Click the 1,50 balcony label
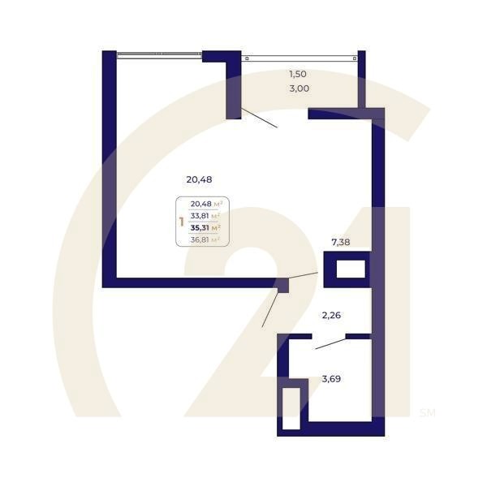click(298, 74)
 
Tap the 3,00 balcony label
click(299, 88)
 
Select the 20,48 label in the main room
click(199, 179)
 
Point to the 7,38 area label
click(341, 242)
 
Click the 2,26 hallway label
click(331, 315)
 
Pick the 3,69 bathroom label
click(331, 379)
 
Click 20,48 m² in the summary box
click(206, 204)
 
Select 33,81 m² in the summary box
click(205, 216)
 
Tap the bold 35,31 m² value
click(205, 227)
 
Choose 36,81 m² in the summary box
click(205, 239)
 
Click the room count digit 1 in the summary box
click(182, 222)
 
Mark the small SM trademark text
click(428, 413)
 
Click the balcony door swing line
click(259, 118)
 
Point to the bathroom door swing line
click(331, 344)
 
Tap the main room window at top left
click(159, 54)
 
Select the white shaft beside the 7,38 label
click(351, 269)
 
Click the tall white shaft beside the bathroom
click(291, 408)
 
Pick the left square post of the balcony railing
click(247, 58)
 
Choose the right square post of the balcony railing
click(355, 58)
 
